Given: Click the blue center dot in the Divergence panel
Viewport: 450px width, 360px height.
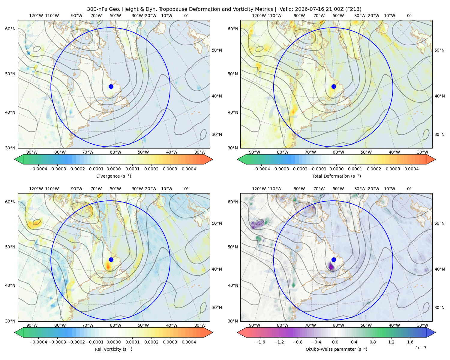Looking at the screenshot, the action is pos(111,86).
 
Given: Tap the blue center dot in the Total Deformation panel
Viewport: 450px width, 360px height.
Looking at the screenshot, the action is pos(334,86).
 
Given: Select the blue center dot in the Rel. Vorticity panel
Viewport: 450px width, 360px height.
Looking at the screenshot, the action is pos(111,259).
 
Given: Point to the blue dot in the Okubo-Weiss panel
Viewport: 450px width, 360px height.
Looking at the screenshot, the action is pos(334,259).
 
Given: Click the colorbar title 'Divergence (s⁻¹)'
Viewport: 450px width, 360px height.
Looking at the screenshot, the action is pos(113,176).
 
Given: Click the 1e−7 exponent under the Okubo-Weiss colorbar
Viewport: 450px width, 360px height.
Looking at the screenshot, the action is pos(421,348).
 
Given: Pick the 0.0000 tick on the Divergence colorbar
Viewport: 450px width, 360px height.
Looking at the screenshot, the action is pos(113,169).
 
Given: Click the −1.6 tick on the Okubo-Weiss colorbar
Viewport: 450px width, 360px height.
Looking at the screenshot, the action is pos(260,342).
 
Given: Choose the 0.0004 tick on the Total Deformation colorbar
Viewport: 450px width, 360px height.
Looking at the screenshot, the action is pos(412,169).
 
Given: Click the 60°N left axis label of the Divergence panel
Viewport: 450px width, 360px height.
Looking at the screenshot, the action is pos(10,29).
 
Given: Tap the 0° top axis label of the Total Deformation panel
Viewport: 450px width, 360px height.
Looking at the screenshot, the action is pos(409,16).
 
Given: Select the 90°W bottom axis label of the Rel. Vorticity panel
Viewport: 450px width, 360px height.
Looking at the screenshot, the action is pos(32,325).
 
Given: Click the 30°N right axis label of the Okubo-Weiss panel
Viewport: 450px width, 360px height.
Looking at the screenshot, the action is pos(439,307).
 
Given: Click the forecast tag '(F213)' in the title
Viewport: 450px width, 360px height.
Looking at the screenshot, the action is pos(353,9).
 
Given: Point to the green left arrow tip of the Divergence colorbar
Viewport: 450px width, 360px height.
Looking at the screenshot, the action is pos(15,159).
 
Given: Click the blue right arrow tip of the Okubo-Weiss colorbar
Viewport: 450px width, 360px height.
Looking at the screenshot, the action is pos(435,332).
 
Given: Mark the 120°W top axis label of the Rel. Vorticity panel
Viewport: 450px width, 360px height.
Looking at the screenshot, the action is pos(36,189).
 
